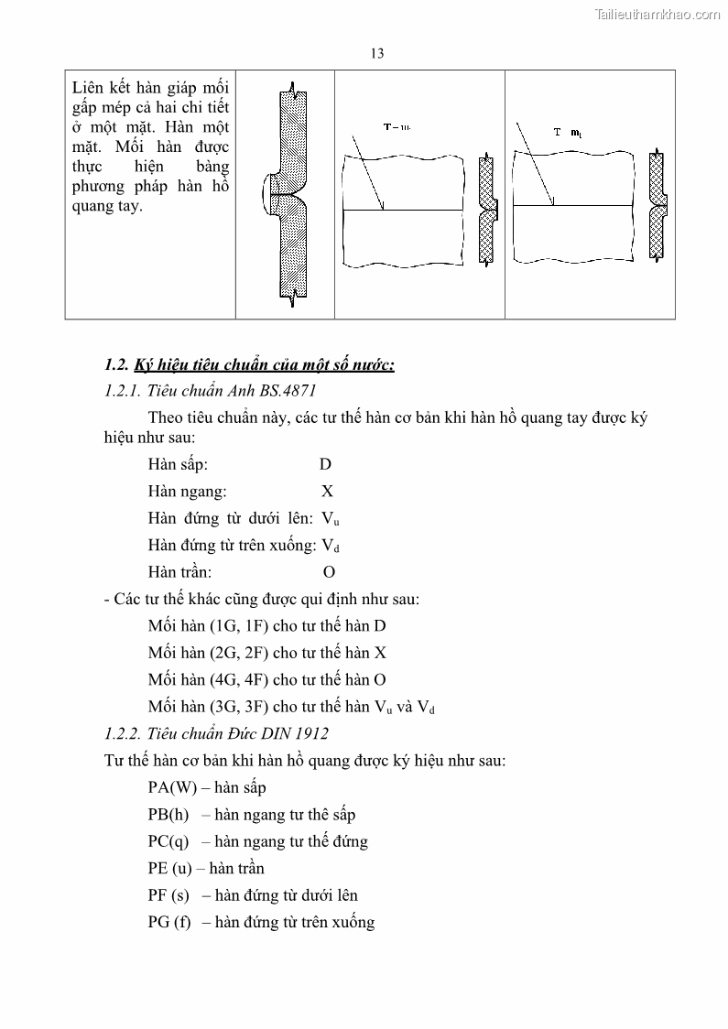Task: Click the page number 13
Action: [x=376, y=53]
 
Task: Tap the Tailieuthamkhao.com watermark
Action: [x=657, y=14]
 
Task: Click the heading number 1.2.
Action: [x=117, y=365]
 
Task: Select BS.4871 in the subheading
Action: [x=288, y=391]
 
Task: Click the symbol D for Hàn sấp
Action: [x=326, y=465]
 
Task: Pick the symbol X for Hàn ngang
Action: [x=327, y=492]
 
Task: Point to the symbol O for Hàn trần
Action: [x=329, y=572]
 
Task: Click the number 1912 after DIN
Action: [x=312, y=733]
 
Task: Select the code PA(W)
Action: [x=173, y=787]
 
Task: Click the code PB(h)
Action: [x=168, y=815]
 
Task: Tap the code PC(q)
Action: [x=168, y=841]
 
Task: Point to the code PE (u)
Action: [x=170, y=868]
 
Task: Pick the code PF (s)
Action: [x=168, y=895]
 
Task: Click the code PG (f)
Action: [x=169, y=922]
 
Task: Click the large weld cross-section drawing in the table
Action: [x=286, y=195]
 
